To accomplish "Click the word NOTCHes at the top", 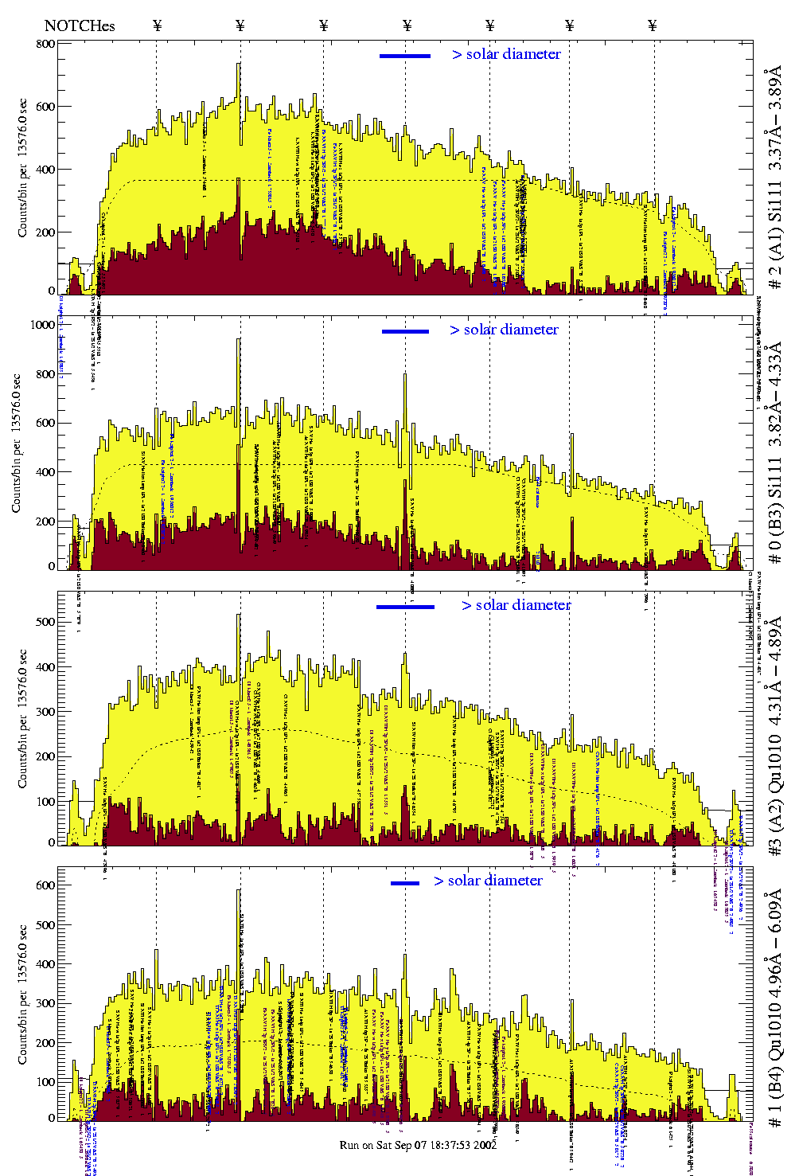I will [x=80, y=25].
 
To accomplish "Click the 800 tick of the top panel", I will [x=45, y=44].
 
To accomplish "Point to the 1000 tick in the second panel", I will [x=42, y=325].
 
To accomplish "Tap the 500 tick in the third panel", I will [x=45, y=621].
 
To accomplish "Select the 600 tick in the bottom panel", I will [x=45, y=885].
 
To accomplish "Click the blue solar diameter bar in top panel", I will [x=405, y=56].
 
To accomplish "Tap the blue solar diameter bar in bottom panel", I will [x=405, y=883].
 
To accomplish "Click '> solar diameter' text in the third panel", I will [x=516, y=605].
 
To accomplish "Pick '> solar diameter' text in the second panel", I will [x=504, y=330].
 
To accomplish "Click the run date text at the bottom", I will [x=418, y=1145].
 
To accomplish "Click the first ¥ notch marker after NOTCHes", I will [x=157, y=25].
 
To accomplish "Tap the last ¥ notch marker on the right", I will [x=653, y=25].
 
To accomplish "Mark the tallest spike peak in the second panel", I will [x=239, y=339].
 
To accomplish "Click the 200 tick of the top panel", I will [x=45, y=232].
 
